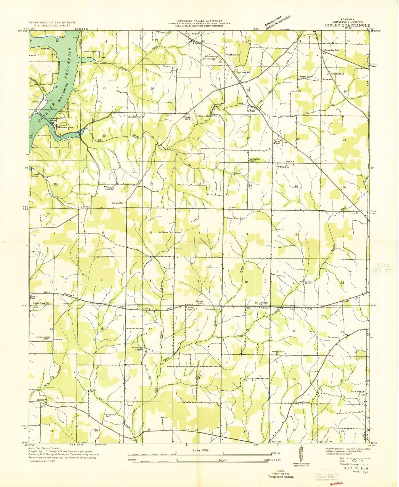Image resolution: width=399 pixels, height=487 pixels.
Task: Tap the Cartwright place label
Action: click(192, 34)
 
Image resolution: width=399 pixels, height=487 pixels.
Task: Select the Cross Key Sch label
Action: click(331, 50)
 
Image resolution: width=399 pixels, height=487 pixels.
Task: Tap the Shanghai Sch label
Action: click(134, 117)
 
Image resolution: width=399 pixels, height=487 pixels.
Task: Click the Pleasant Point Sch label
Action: click(109, 188)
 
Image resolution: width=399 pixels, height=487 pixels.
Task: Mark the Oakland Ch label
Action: click(117, 203)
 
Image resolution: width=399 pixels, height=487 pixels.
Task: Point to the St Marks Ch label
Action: click(165, 232)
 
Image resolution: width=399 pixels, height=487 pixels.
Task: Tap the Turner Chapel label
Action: click(302, 402)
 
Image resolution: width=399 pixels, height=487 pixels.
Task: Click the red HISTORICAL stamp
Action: click(337, 483)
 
